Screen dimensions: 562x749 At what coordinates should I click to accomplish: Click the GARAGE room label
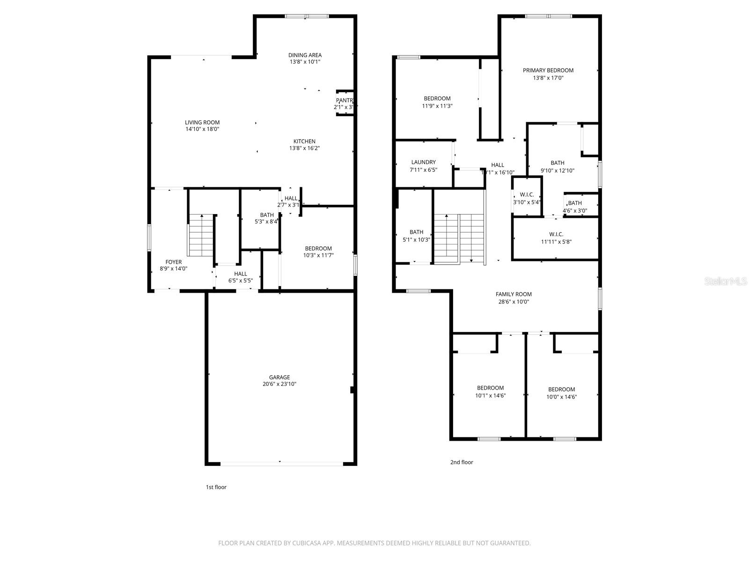click(x=279, y=377)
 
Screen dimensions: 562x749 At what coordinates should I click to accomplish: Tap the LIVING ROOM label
click(x=202, y=123)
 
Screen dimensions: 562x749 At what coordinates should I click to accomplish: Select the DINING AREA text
click(x=305, y=55)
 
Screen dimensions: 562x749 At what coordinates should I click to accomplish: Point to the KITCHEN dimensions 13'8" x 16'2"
click(x=304, y=148)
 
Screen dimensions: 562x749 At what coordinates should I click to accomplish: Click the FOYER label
click(x=173, y=262)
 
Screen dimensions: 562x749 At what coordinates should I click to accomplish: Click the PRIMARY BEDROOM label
click(x=548, y=71)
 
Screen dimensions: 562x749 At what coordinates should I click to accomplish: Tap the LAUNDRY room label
click(x=423, y=163)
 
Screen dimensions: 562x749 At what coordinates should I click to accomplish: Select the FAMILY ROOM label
click(x=514, y=295)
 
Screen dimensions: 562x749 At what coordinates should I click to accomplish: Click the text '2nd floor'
click(x=462, y=462)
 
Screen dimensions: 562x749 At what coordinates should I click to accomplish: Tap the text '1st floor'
click(x=216, y=487)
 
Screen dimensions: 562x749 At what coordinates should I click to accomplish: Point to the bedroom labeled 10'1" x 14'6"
click(x=490, y=392)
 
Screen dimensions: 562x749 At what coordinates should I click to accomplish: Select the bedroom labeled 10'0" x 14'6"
click(x=561, y=393)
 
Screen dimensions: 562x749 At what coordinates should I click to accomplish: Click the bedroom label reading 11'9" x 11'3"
click(x=437, y=102)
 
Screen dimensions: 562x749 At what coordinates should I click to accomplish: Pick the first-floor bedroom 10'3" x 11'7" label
click(x=318, y=252)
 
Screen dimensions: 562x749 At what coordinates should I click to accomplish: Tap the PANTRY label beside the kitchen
click(x=344, y=101)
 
